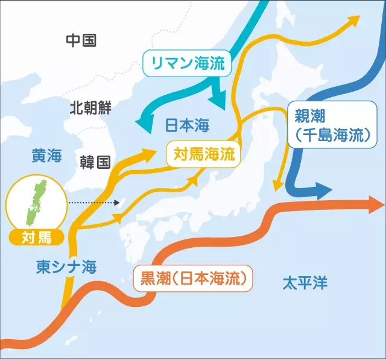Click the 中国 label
coord(81,40)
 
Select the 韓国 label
coord(95,161)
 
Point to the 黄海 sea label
coord(46,156)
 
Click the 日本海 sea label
coord(186,125)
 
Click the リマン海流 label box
coord(187,63)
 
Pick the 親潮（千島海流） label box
coord(328,124)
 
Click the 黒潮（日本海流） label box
coord(192,279)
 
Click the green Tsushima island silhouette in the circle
coord(36,199)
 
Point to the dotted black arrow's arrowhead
coord(118,203)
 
